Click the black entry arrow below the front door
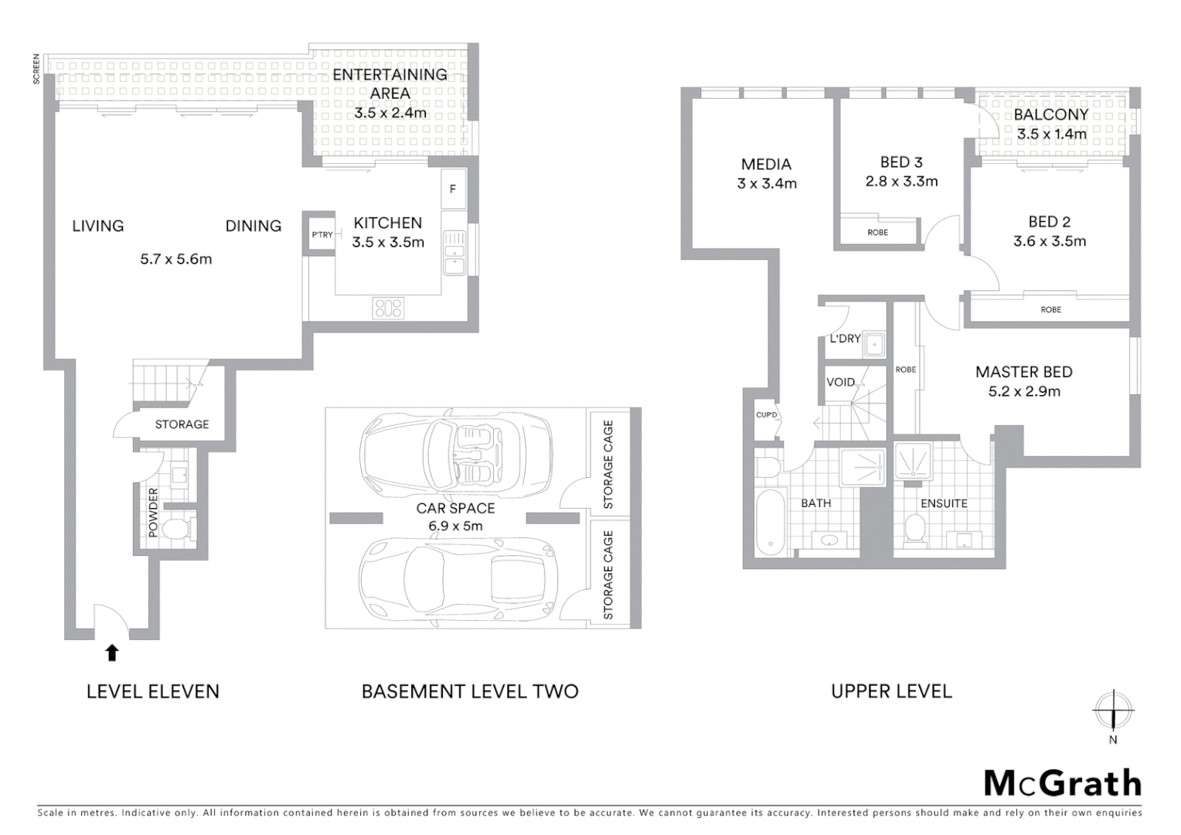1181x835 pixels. [x=112, y=653]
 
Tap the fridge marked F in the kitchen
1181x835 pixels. [x=453, y=189]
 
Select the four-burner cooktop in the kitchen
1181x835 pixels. [x=387, y=308]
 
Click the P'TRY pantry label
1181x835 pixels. [x=322, y=234]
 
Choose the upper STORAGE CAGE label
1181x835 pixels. [x=608, y=464]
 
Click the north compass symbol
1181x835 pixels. [x=1113, y=710]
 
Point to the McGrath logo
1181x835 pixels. [x=1062, y=783]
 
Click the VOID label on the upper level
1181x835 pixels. [x=840, y=382]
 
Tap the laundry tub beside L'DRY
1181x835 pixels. [x=874, y=344]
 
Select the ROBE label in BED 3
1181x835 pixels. [x=878, y=232]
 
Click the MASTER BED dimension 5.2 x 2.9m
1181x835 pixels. [x=1024, y=391]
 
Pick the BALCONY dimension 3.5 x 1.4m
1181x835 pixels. [x=1051, y=134]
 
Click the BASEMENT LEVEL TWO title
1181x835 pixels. [x=470, y=691]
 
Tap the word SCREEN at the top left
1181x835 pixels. [x=36, y=68]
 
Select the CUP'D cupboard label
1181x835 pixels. [x=765, y=415]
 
